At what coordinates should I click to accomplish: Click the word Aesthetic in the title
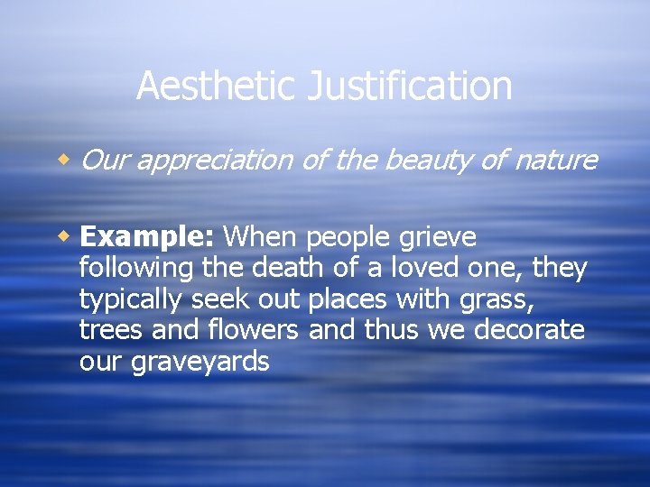click(217, 87)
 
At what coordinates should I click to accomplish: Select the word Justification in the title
click(410, 87)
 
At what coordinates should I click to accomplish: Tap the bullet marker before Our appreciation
click(65, 160)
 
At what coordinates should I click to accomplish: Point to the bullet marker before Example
click(65, 237)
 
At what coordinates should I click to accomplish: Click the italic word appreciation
click(215, 161)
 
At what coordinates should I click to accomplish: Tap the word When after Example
click(262, 237)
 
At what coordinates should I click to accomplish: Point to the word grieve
click(437, 238)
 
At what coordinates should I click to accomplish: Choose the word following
click(136, 269)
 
